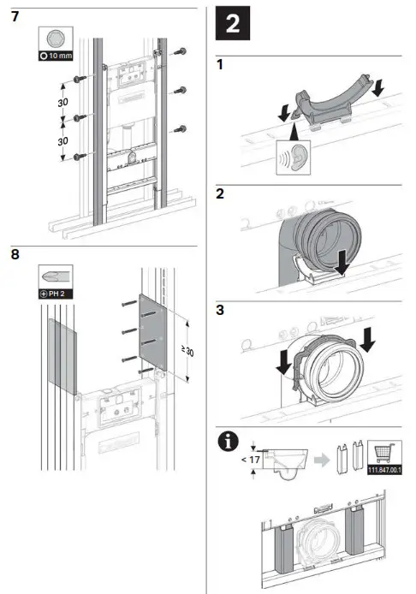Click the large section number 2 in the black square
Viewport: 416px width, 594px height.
pos(232,23)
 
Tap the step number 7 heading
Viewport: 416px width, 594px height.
pos(15,16)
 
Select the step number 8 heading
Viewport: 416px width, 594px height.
pos(15,254)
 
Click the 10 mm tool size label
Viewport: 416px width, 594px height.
pos(56,56)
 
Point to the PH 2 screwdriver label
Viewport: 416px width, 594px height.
pos(56,294)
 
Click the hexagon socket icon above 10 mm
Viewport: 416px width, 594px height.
pos(56,39)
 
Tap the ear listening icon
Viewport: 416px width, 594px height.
pos(294,157)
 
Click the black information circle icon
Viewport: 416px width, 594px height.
pos(229,442)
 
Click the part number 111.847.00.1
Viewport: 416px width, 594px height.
pos(384,471)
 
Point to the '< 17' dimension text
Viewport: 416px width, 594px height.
pos(251,460)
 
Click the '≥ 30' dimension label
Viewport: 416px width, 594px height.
pos(187,351)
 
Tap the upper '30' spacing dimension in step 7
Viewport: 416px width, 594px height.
pos(62,103)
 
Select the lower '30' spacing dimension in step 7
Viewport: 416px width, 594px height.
pos(62,141)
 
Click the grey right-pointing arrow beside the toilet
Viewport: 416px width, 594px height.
pos(322,460)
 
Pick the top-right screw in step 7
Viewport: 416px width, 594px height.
pos(180,51)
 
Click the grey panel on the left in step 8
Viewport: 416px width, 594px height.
pos(62,356)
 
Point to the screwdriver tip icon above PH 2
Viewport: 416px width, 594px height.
pos(56,276)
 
